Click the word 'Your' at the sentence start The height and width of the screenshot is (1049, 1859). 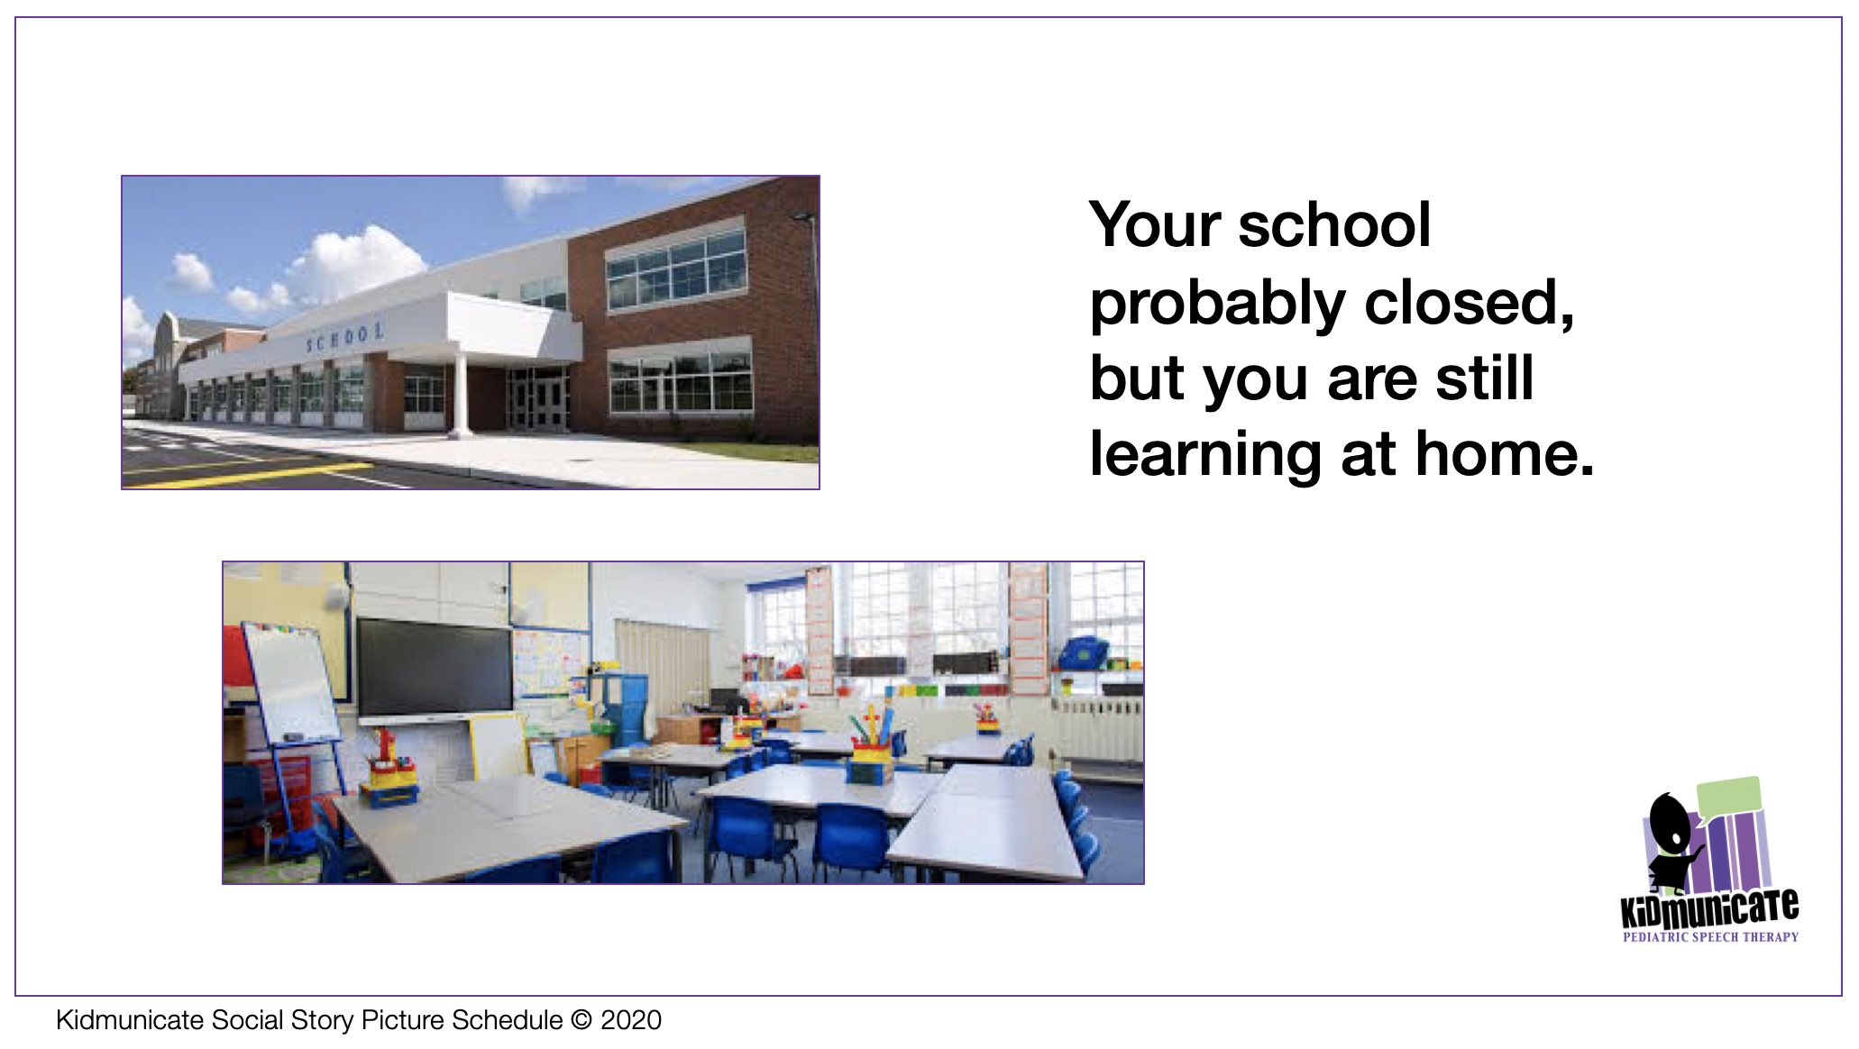(x=1155, y=224)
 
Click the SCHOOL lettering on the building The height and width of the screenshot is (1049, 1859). (x=345, y=338)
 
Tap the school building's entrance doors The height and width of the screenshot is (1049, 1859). (x=539, y=397)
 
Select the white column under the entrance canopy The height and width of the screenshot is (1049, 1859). (x=461, y=394)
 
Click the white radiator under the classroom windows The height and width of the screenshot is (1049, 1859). (x=1098, y=729)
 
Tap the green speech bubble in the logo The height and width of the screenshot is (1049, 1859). (x=1727, y=796)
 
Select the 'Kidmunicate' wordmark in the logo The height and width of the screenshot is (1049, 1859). (x=1710, y=908)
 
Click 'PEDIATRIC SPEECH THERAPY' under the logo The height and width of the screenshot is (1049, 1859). (x=1710, y=937)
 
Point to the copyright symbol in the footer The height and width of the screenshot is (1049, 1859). (x=582, y=1020)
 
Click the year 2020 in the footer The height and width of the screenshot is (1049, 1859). (x=631, y=1020)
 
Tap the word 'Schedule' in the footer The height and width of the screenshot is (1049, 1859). (x=508, y=1020)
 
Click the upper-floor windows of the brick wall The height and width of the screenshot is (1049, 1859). (x=677, y=262)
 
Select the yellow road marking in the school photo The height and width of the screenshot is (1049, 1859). (x=252, y=472)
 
